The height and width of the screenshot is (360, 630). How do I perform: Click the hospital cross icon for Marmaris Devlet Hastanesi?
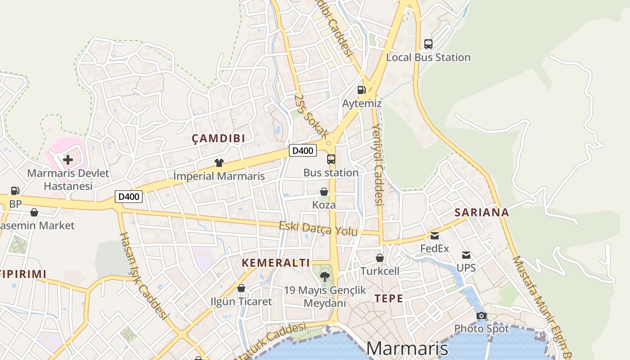click(68, 159)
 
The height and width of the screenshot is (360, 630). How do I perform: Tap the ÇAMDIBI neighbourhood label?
click(219, 139)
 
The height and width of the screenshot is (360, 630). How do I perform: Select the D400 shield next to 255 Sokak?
click(302, 151)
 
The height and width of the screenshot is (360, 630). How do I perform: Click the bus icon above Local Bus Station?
click(428, 44)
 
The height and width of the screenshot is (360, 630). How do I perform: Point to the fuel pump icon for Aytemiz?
click(361, 90)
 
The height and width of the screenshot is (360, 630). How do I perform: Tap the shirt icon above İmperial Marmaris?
click(219, 163)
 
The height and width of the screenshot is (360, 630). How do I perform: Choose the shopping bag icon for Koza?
click(324, 192)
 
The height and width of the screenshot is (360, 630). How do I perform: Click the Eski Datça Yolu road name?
click(318, 229)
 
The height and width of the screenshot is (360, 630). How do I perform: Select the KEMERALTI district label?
click(276, 263)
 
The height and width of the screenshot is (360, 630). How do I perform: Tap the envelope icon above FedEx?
click(435, 235)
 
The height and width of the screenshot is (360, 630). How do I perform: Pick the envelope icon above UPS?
click(466, 255)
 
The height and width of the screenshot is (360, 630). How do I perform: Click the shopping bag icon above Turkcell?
click(380, 258)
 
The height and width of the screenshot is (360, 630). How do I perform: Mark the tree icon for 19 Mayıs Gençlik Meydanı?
click(324, 276)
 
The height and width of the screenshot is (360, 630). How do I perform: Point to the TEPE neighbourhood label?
click(389, 298)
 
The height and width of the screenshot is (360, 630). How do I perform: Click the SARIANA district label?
click(481, 212)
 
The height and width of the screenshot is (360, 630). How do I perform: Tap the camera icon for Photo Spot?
click(481, 315)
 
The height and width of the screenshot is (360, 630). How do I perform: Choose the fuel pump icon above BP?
click(15, 191)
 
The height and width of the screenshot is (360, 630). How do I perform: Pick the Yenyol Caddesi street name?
click(378, 164)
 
